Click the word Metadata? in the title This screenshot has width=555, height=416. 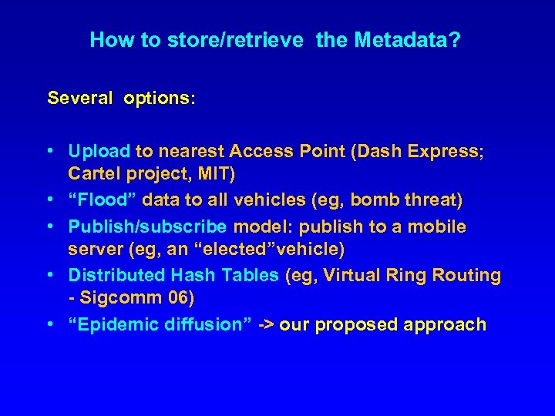407,40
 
